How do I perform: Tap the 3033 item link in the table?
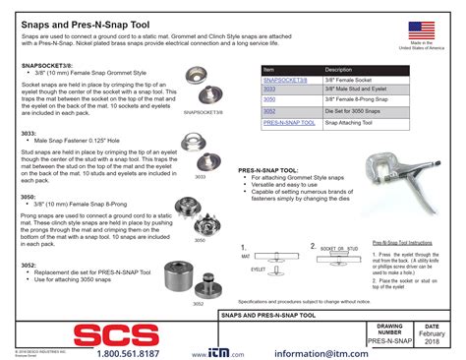269,90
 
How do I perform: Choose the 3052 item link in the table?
269,111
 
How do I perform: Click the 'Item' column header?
268,70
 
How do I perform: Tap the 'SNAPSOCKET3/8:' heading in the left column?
44,63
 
